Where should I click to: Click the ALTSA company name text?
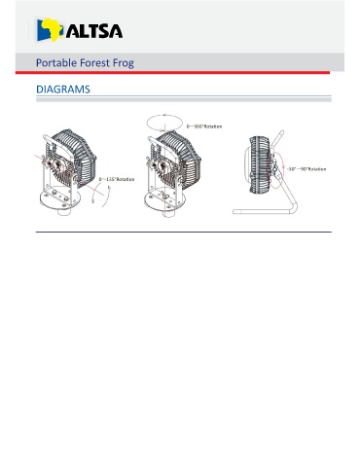94,31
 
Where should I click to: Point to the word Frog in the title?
124,63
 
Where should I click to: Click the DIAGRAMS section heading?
63,90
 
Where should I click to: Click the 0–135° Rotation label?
117,179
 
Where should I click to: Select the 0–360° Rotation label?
204,126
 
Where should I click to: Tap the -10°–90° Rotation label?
306,169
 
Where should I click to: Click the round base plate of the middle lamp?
164,201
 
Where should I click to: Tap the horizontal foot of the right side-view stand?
262,212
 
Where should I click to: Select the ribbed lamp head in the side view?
259,164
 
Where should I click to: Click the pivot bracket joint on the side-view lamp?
275,167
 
